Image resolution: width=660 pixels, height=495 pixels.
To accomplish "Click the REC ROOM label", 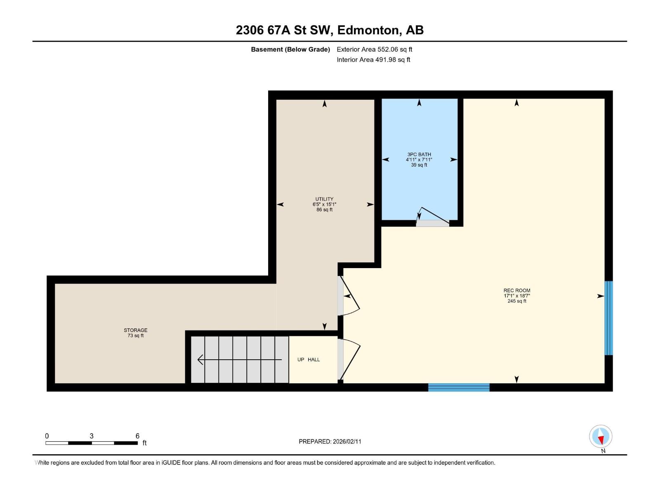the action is pos(516,290).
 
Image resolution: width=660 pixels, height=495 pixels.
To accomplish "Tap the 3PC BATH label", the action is pos(419,154).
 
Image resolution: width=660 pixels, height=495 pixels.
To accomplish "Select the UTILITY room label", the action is pos(324,199).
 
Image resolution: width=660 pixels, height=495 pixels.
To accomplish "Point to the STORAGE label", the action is pos(135,330).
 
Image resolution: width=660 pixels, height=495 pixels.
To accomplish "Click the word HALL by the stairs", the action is pos(313,359).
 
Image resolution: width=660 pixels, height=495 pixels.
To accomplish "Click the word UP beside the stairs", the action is pos(300,359).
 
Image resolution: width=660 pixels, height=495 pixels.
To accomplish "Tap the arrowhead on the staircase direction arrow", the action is pos(200,359).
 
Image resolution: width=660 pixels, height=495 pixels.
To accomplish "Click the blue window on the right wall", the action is pos(608,318).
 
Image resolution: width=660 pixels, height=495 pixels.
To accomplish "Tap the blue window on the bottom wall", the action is pos(459,387).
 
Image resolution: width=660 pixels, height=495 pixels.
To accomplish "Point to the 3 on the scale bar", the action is pos(92,436).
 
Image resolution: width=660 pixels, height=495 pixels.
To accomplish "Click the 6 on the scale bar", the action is pos(137,436).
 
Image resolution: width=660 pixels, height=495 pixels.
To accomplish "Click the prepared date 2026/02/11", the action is pos(346,441).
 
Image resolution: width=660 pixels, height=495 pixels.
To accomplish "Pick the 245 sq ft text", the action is pos(516,301).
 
